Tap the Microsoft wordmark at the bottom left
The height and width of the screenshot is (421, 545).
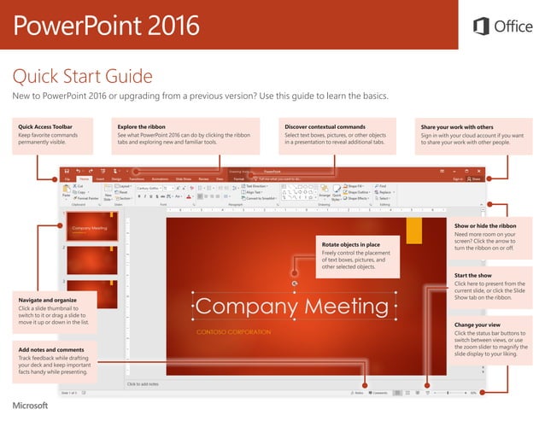click(30, 405)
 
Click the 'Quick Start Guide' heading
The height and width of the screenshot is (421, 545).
click(81, 77)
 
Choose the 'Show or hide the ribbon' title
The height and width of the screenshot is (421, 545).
click(485, 225)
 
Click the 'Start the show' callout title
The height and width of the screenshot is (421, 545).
click(473, 276)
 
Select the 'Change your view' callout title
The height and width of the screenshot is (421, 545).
click(478, 325)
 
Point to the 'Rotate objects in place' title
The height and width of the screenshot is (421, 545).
click(351, 244)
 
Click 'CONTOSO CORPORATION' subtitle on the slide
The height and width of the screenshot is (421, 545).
click(233, 331)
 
